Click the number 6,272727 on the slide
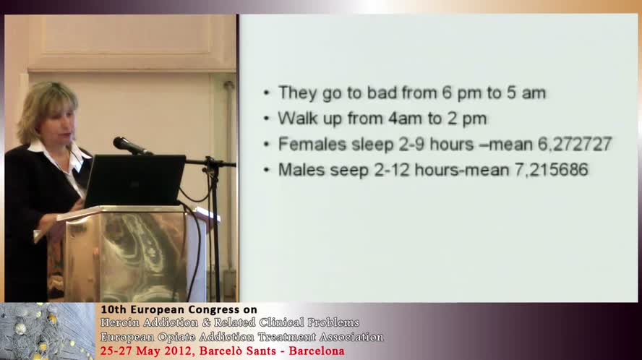coord(575,144)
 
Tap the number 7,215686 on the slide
coord(551,170)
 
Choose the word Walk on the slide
coord(295,118)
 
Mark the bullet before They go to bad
coord(267,93)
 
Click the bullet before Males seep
coord(267,171)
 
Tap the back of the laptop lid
coord(136,180)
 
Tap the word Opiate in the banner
coord(176,337)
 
